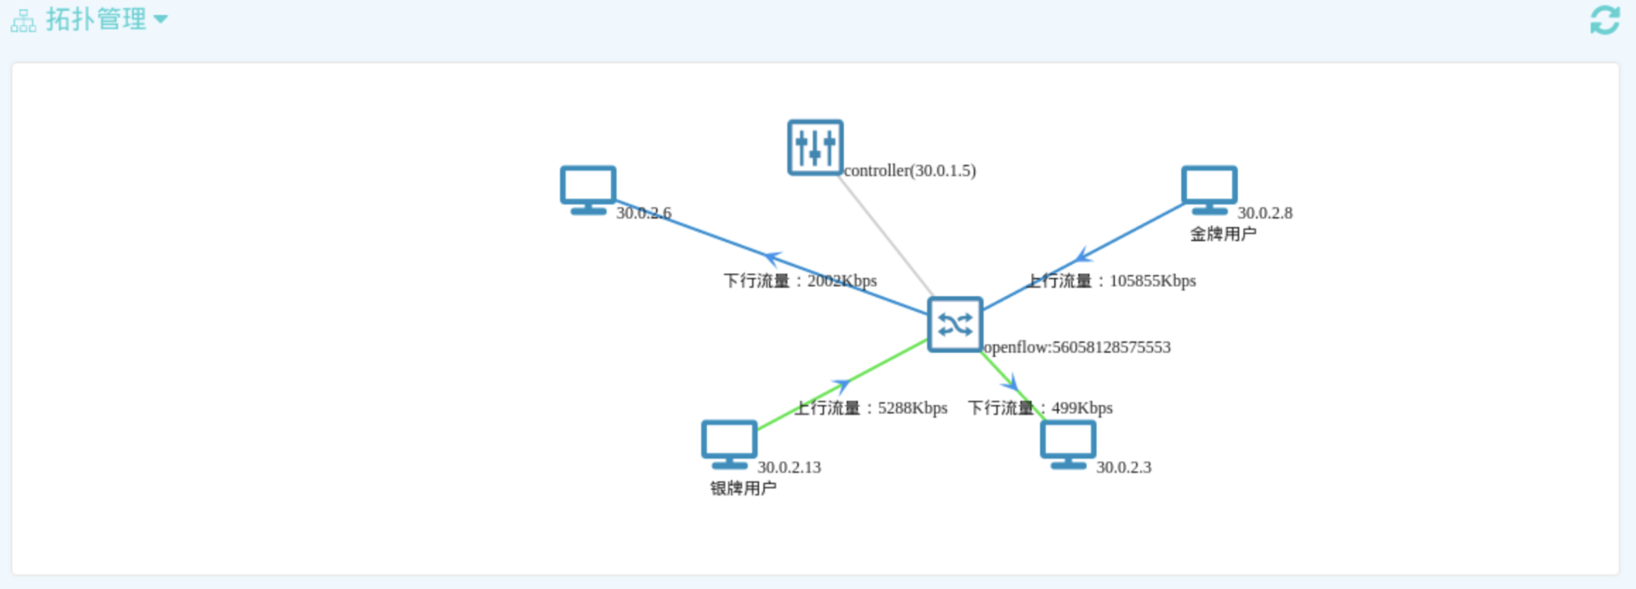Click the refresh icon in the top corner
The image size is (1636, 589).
click(x=1604, y=20)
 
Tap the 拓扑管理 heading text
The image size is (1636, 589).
click(x=96, y=19)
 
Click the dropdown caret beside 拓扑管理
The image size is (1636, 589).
click(x=160, y=19)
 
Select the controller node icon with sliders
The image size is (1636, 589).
click(x=815, y=147)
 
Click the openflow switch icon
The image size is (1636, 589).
click(x=954, y=324)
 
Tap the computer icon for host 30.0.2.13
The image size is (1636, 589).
click(x=729, y=443)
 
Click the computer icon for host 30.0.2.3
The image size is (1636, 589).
click(x=1067, y=443)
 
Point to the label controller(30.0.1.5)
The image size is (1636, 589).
click(x=909, y=171)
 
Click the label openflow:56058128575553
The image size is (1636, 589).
click(x=1077, y=347)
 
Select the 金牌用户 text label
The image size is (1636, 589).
click(x=1222, y=234)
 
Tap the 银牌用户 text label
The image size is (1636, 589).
click(x=742, y=488)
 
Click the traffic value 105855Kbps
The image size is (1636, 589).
click(x=1152, y=280)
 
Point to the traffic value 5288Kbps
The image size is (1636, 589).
click(x=912, y=408)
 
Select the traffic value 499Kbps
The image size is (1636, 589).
click(x=1082, y=408)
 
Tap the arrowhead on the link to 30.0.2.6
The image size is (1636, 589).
click(x=773, y=258)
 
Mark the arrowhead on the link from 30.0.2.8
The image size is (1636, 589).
click(x=1082, y=255)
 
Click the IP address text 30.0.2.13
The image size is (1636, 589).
click(x=789, y=467)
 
